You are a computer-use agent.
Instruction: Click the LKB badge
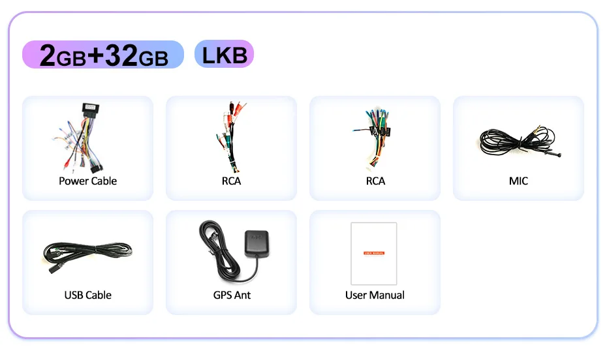pos(224,54)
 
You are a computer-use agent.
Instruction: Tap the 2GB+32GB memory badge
pos(104,55)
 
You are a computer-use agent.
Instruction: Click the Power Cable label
pos(88,181)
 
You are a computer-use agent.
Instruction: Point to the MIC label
pos(518,181)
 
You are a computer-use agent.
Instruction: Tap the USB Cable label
pos(88,295)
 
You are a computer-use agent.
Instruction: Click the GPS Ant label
pos(232,295)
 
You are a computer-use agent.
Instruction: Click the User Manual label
pos(375,295)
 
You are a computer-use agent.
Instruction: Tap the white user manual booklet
pos(374,253)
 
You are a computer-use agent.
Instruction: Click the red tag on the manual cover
pos(374,252)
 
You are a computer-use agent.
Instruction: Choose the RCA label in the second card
pos(231,181)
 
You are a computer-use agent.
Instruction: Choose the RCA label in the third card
pos(375,181)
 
